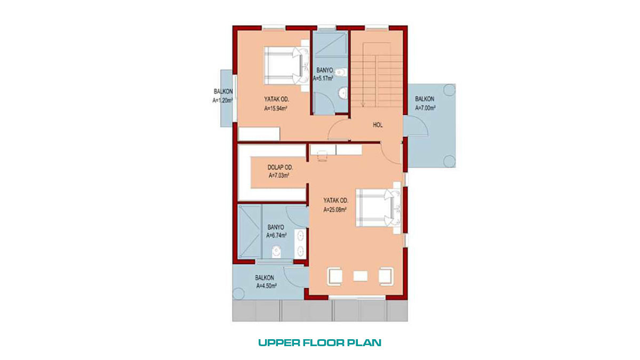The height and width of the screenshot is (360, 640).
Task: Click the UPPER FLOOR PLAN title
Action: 319,343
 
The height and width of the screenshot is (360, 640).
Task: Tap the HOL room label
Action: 378,125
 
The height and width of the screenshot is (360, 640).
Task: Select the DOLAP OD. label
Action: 280,167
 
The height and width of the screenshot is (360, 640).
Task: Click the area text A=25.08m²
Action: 335,210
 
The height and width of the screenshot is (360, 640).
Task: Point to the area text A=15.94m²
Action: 276,109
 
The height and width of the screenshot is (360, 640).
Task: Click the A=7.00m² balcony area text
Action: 425,108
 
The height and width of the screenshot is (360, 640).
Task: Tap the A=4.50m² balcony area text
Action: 266,286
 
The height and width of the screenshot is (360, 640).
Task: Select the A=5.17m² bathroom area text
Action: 323,78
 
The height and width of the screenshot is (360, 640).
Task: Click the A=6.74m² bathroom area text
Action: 276,235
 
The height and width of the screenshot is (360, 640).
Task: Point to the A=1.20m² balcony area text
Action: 222,100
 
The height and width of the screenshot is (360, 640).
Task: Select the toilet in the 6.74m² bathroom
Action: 276,252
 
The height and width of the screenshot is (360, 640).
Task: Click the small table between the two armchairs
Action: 361,276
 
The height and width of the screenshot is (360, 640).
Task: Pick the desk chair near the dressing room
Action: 322,156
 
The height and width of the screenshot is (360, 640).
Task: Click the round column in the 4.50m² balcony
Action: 238,294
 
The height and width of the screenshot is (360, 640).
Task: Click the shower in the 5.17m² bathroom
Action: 330,44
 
